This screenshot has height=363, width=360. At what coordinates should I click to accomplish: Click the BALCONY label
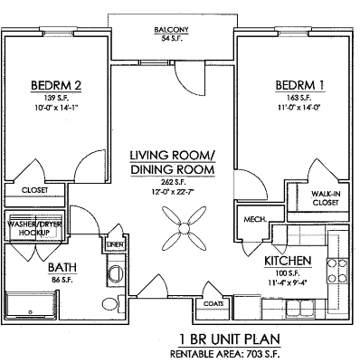pyautogui.click(x=171, y=28)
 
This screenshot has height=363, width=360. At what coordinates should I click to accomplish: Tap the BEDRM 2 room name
pyautogui.click(x=56, y=86)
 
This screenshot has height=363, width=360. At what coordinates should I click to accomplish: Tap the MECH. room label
pyautogui.click(x=253, y=219)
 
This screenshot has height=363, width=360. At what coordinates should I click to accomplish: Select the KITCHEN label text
pyautogui.click(x=288, y=261)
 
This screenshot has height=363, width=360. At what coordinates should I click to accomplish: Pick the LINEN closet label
pyautogui.click(x=114, y=245)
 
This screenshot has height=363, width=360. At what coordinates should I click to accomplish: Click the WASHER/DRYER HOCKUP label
pyautogui.click(x=33, y=228)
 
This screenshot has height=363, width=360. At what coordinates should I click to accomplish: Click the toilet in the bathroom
pyautogui.click(x=109, y=301)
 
